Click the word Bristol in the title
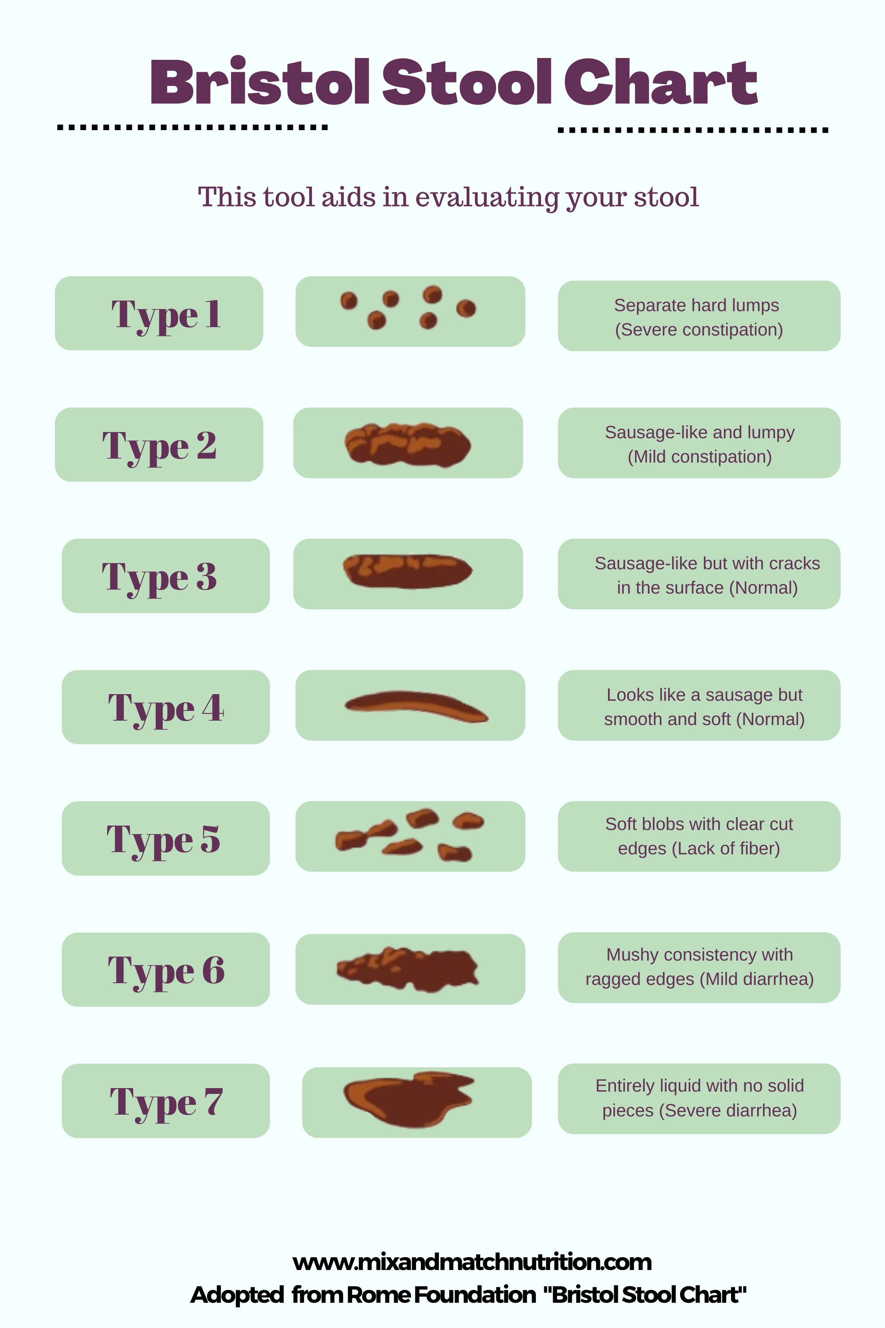260,83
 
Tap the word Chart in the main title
660,83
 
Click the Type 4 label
165,707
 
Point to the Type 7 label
165,1100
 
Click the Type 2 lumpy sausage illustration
408,444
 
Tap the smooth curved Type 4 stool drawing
416,706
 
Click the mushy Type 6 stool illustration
408,969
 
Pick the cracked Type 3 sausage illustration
408,571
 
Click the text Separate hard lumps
696,305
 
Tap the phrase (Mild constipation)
699,456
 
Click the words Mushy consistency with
699,954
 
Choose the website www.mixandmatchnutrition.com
472,1262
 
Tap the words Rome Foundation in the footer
441,1295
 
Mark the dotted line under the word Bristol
192,127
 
